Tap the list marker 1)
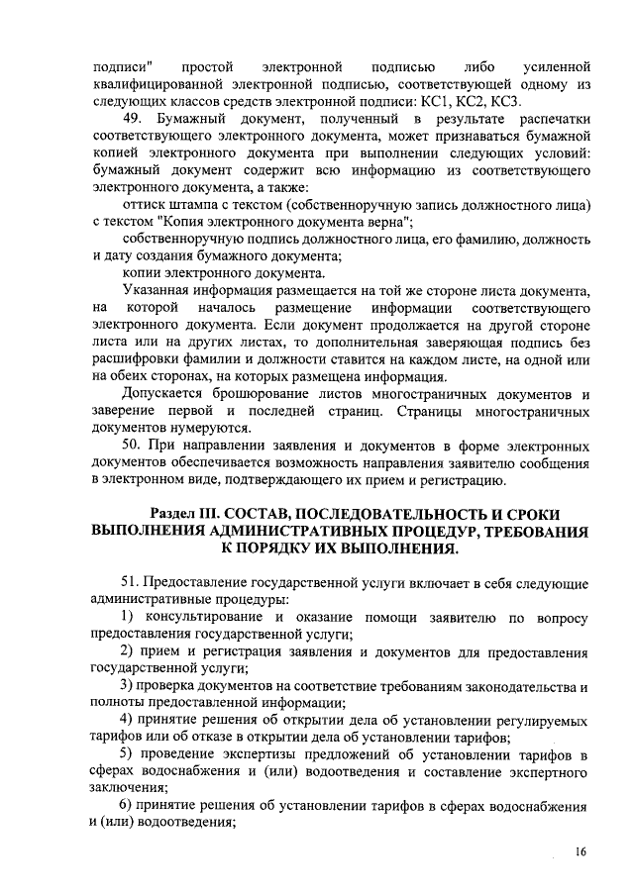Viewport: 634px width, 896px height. (129, 618)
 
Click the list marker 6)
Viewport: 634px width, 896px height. (129, 803)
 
